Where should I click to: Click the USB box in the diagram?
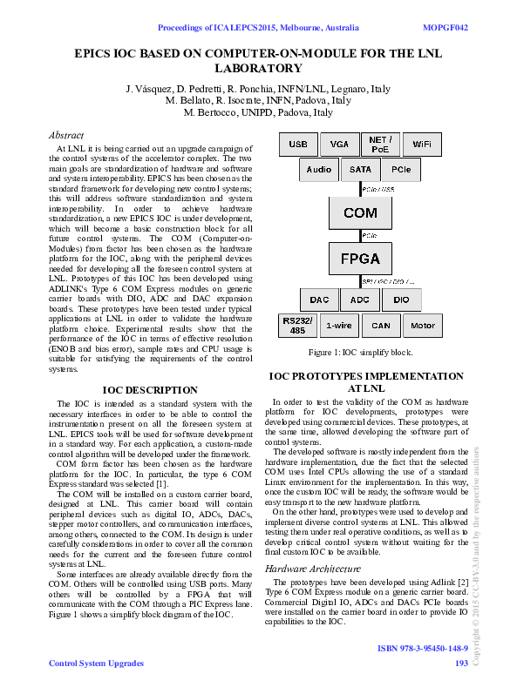click(x=297, y=144)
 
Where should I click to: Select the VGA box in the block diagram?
click(x=338, y=144)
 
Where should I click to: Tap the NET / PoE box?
click(x=380, y=144)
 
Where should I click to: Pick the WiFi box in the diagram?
click(x=422, y=144)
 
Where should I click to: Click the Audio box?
click(x=318, y=169)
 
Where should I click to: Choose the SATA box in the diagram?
click(x=360, y=169)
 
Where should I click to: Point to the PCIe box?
click(x=401, y=169)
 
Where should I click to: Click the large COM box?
click(x=360, y=212)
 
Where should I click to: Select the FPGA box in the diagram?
click(x=360, y=259)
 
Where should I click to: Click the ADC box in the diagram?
click(x=360, y=300)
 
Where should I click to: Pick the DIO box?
click(x=401, y=300)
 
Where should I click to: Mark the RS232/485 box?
click(x=297, y=325)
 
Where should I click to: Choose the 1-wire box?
click(x=338, y=326)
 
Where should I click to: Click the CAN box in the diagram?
click(x=380, y=326)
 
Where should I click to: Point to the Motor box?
click(x=422, y=326)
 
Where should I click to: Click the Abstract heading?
click(x=66, y=136)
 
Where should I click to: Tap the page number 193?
click(x=462, y=663)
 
